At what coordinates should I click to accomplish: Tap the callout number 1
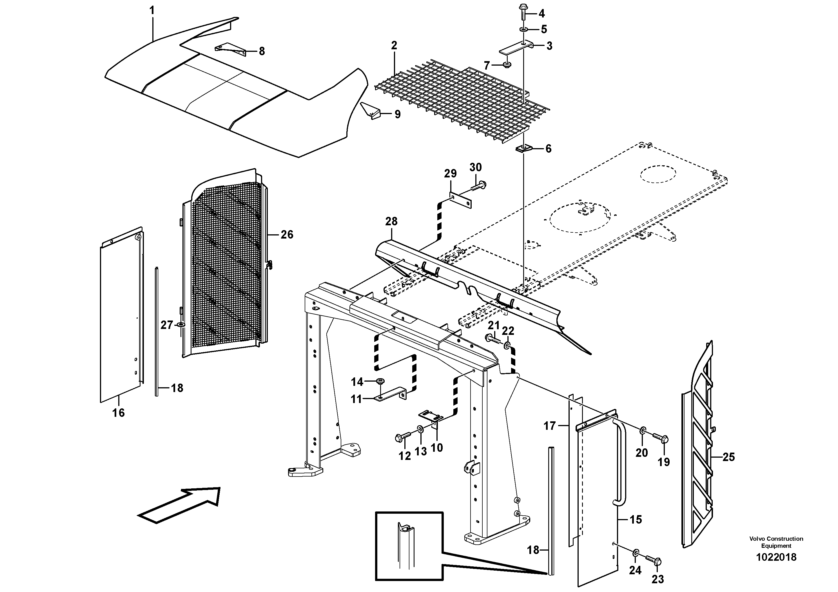(x=152, y=10)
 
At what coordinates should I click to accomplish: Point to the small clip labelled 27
(x=181, y=324)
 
